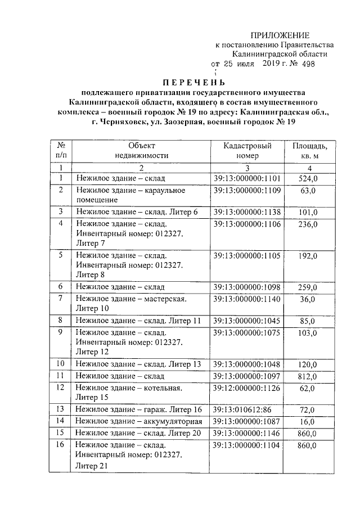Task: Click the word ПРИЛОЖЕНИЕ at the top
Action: click(280, 35)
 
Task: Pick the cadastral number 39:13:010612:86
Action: click(242, 409)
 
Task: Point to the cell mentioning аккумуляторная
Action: click(139, 421)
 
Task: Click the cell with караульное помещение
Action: click(131, 195)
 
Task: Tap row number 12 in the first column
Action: click(60, 388)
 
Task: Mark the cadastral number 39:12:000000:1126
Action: click(247, 388)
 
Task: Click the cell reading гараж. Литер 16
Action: click(139, 409)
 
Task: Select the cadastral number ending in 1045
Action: click(247, 321)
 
